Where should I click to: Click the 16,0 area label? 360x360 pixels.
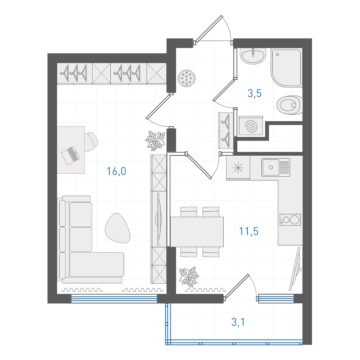pos(116,171)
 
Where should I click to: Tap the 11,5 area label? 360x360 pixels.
pos(249,231)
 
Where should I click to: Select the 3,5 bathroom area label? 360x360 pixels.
pos(255,93)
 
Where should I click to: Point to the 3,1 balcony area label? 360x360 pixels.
pos(238,322)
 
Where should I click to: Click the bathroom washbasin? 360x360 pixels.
pos(253,56)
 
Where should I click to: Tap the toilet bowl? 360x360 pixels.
pos(290,105)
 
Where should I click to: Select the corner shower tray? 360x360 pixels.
pos(286,67)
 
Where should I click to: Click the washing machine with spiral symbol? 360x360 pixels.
pos(251,126)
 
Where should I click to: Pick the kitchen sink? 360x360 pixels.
pos(276,167)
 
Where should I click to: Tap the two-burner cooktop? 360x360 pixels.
pos(290,220)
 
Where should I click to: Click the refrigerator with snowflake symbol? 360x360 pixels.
pos(238,168)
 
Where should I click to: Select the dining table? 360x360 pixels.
pos(197,232)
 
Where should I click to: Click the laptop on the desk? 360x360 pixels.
pos(71,155)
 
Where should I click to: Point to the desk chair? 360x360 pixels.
pos(91,142)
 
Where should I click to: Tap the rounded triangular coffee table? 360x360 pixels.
pos(117,228)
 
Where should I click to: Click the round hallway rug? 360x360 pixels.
pos(187,78)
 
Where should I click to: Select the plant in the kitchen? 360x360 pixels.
pos(189,277)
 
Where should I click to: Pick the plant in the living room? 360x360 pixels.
pos(155,141)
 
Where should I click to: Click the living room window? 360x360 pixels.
pos(114,299)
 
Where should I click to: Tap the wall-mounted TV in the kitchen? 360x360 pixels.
pos(295,269)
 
